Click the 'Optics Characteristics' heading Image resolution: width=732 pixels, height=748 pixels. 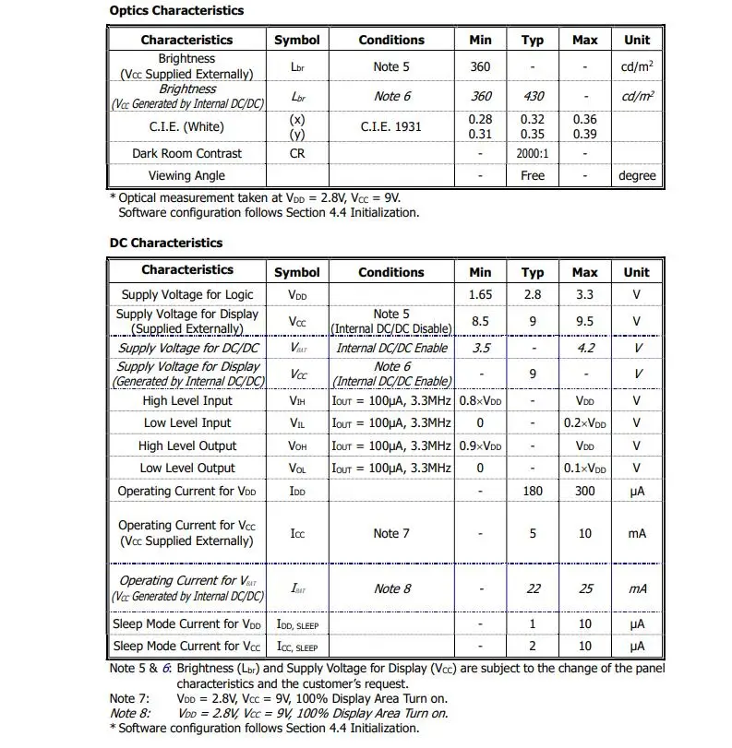[x=176, y=11]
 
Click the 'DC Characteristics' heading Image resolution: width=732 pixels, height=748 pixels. [x=166, y=243]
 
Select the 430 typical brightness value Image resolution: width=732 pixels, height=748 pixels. [x=533, y=96]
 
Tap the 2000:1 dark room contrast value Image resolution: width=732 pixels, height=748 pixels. [x=533, y=153]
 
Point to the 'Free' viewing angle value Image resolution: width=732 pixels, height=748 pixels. [x=533, y=175]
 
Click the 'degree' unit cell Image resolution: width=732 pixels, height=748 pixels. [x=637, y=175]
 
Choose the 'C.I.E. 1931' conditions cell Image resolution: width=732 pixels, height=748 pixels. [x=391, y=126]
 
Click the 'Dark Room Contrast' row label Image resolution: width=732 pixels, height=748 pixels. [x=186, y=153]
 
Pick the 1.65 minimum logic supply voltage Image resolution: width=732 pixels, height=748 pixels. [x=480, y=295]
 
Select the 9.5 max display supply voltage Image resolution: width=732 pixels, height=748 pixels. [x=585, y=322]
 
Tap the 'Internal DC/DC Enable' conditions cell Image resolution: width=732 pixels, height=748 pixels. [x=391, y=348]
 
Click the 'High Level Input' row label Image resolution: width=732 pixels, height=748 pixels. [x=187, y=400]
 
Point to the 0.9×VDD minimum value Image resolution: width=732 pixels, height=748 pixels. [x=480, y=445]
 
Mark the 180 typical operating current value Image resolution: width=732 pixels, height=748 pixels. [x=533, y=491]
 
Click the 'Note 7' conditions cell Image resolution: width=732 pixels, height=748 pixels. [x=391, y=533]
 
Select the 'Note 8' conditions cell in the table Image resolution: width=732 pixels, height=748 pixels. [x=391, y=588]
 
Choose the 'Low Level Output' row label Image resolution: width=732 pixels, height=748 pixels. [x=187, y=468]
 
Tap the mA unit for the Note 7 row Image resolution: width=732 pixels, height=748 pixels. [x=637, y=533]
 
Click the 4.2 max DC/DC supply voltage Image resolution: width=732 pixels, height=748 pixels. [x=585, y=348]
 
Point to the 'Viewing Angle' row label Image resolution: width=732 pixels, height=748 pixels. [x=186, y=175]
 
